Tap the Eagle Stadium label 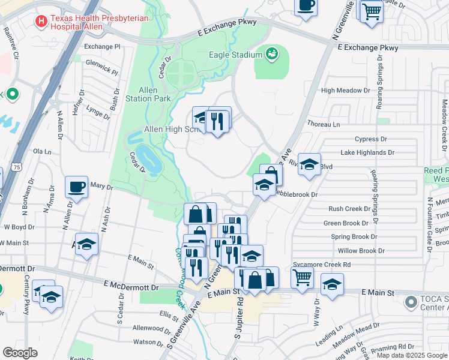237,55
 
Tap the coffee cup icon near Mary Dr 76,187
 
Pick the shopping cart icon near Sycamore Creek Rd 302,277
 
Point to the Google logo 20,353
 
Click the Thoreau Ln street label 324,124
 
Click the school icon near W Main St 86,244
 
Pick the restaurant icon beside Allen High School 217,121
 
